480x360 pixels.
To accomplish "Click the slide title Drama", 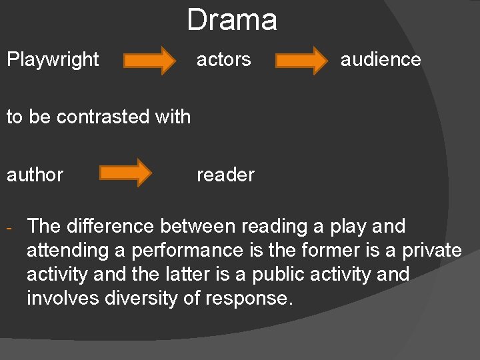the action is pos(231,20).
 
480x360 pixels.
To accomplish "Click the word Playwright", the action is pos(53,59).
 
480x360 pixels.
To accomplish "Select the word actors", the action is pos(223,59).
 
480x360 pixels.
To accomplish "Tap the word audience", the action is pos(381,59).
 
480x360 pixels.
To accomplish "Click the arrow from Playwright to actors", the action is pos(151,60).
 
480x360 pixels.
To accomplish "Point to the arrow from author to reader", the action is pos(126,173).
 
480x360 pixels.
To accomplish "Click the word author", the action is pos(35,175).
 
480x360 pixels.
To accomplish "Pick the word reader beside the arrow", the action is pos(225,175).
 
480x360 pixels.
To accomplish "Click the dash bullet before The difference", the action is pos(11,228).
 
